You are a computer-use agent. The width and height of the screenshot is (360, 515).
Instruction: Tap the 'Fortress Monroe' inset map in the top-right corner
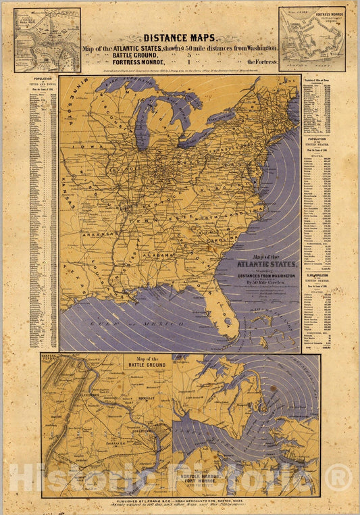[311, 39]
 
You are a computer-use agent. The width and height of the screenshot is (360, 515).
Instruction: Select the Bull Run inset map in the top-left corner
[47, 40]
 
